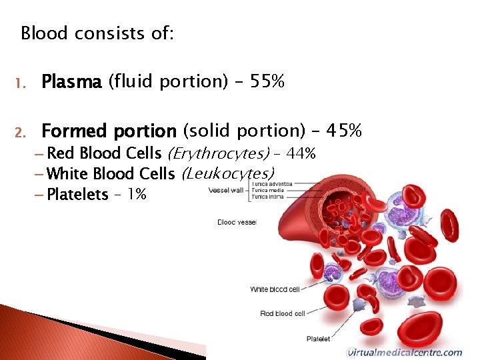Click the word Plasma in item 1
click(x=71, y=82)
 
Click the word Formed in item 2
click(x=73, y=131)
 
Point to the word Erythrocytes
click(x=217, y=154)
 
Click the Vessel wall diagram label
click(x=225, y=190)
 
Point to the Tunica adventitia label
click(x=271, y=184)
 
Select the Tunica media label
click(x=266, y=190)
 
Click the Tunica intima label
click(x=266, y=197)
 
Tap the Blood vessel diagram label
click(x=237, y=222)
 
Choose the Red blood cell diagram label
click(x=282, y=313)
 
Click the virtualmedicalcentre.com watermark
click(x=404, y=353)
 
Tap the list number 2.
click(x=21, y=131)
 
